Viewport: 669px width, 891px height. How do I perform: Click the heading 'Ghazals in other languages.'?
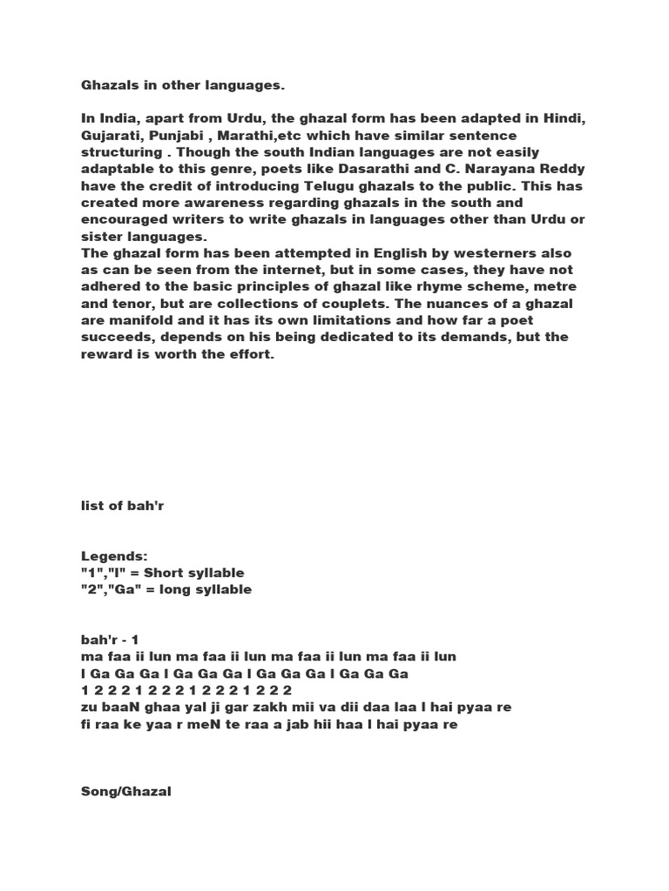[x=183, y=85]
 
